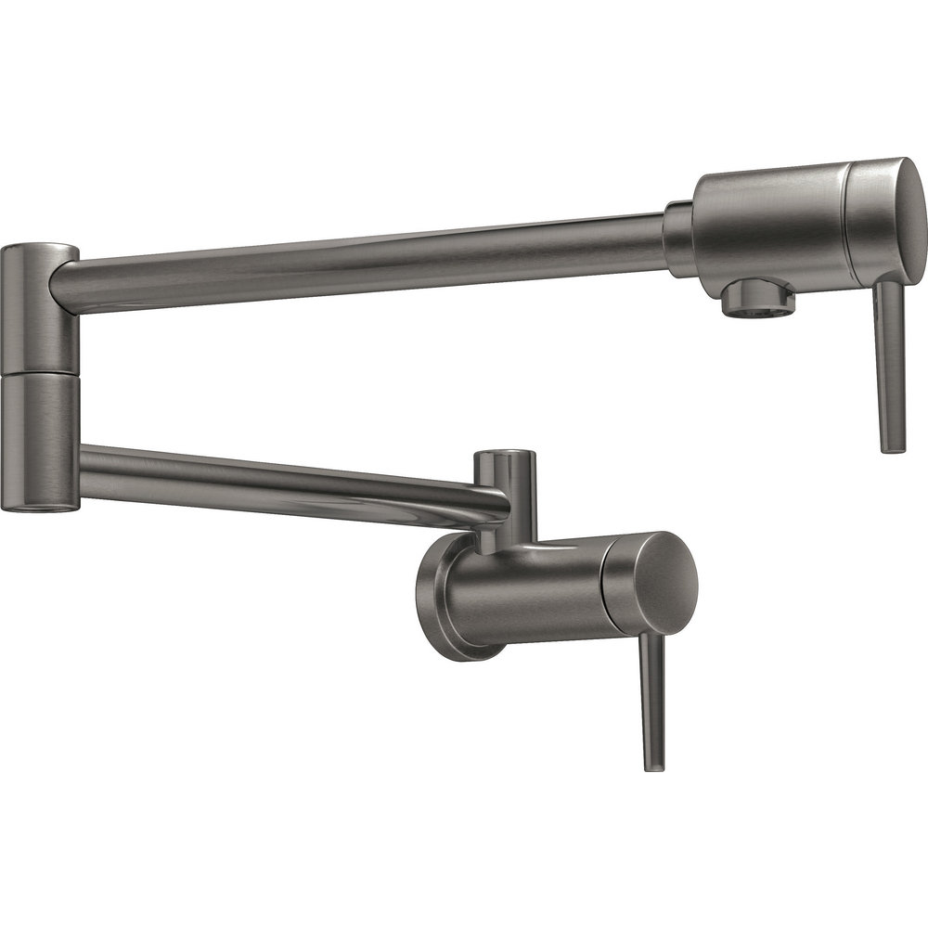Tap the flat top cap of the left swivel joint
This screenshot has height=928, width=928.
point(39,250)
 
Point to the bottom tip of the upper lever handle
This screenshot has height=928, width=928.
point(893,447)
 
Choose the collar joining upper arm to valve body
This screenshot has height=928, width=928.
point(678,239)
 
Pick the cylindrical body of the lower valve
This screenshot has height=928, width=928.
point(529,594)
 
